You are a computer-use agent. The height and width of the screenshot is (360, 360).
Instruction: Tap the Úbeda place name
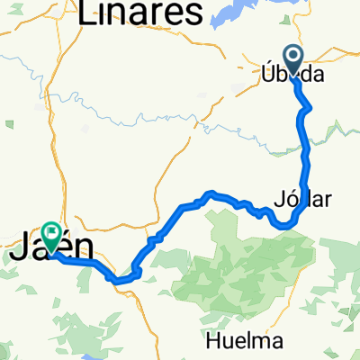pyautogui.click(x=293, y=76)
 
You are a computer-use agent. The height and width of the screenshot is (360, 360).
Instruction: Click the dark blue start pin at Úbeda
pyautogui.click(x=293, y=58)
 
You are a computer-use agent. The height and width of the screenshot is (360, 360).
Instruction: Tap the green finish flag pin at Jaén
pyautogui.click(x=51, y=236)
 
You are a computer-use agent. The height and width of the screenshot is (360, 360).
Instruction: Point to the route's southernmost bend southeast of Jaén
pyautogui.click(x=117, y=279)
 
